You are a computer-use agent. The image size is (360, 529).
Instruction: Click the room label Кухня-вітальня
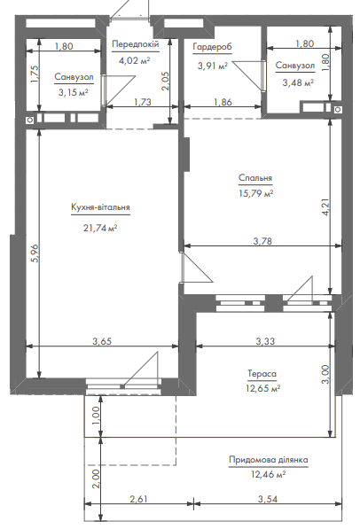[x=100, y=206]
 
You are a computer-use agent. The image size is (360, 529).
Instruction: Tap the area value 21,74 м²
[x=100, y=228]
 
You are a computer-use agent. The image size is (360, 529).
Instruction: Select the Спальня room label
[x=255, y=177]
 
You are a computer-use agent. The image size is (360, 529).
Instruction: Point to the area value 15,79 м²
[x=255, y=193]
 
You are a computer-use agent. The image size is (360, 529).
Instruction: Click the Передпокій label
[x=135, y=44]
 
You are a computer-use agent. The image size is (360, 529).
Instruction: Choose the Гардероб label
[x=213, y=47]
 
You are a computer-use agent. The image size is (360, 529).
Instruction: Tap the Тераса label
[x=262, y=373]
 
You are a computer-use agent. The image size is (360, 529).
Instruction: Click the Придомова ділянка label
[x=269, y=460]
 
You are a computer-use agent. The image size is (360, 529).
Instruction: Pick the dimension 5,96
[x=35, y=253]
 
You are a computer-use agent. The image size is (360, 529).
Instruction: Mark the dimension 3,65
[x=102, y=341]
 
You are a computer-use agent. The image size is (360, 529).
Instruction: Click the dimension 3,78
[x=262, y=241]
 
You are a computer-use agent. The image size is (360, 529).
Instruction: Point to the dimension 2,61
[x=139, y=499]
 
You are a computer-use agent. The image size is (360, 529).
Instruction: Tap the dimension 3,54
[x=268, y=499]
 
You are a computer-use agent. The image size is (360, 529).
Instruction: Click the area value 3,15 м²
[x=74, y=92]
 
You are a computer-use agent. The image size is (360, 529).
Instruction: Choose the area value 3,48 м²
[x=298, y=82]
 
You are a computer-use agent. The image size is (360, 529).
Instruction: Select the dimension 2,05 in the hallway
[x=165, y=81]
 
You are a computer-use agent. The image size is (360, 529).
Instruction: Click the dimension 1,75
[x=35, y=74]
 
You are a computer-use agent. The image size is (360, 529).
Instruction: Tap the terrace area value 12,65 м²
[x=263, y=388]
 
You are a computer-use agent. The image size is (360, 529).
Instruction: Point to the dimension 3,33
[x=265, y=341]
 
